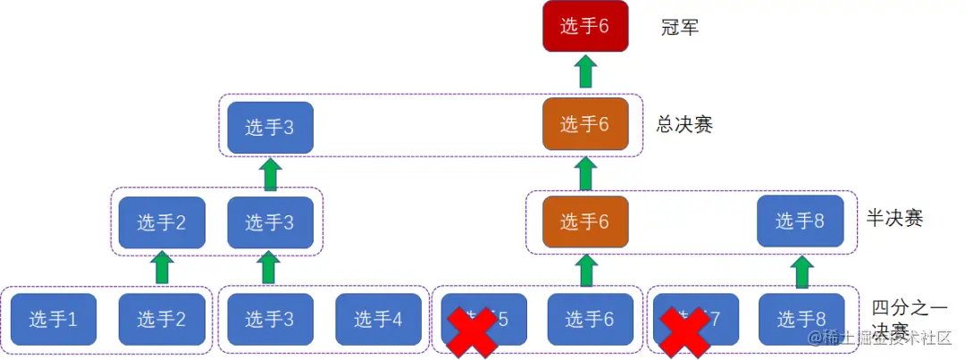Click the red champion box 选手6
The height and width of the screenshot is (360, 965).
pyautogui.click(x=585, y=26)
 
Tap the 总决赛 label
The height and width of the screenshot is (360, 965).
pyautogui.click(x=684, y=125)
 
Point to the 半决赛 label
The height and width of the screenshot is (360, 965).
pyautogui.click(x=894, y=217)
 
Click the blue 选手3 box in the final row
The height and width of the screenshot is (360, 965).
pyautogui.click(x=270, y=127)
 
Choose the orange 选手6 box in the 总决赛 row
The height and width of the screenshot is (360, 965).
pyautogui.click(x=585, y=125)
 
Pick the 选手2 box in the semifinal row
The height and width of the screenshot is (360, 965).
pyautogui.click(x=162, y=222)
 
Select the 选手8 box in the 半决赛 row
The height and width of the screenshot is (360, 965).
pyautogui.click(x=801, y=222)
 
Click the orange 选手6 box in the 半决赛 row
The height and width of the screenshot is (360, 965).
pyautogui.click(x=585, y=222)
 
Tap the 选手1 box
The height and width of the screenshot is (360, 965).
pyautogui.click(x=54, y=318)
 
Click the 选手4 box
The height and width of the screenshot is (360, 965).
pyautogui.click(x=378, y=318)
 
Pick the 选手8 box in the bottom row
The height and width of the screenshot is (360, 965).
pyautogui.click(x=801, y=318)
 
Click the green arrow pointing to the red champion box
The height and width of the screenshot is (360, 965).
pyautogui.click(x=585, y=71)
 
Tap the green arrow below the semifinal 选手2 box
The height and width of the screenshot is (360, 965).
pyautogui.click(x=162, y=267)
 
